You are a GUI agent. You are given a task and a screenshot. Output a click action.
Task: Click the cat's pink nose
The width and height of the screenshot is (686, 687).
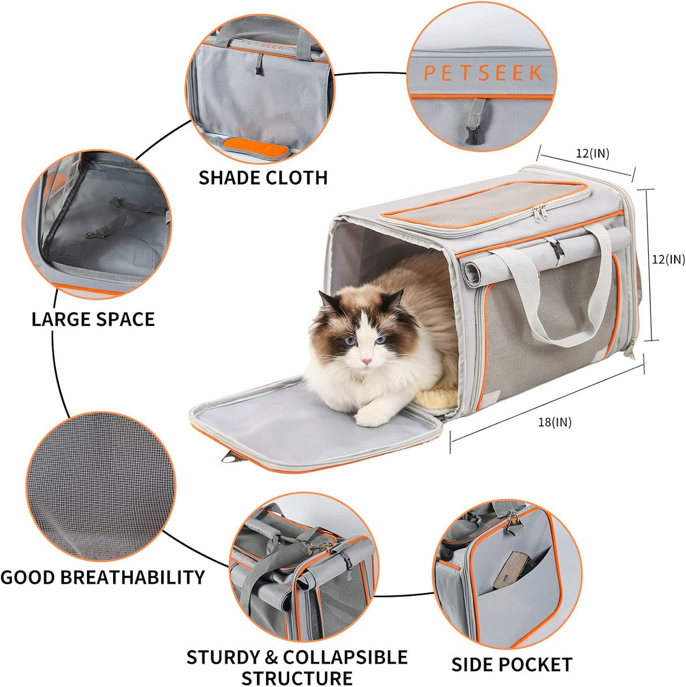[368, 360]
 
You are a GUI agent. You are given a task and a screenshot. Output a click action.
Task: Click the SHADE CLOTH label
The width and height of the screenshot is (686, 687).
[263, 177]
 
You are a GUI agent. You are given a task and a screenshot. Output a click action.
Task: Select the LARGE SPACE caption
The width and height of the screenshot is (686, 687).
[93, 319]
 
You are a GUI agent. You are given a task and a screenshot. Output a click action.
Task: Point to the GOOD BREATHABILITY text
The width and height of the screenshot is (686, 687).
[102, 577]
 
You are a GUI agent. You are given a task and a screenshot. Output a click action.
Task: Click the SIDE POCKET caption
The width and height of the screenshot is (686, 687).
[511, 664]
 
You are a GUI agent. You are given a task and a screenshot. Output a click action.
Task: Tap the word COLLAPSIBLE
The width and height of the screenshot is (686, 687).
[345, 657]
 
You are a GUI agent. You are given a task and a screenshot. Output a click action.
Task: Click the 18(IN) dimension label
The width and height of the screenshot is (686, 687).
[554, 421]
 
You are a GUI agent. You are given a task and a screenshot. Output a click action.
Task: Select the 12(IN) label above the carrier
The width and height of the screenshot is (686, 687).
[592, 153]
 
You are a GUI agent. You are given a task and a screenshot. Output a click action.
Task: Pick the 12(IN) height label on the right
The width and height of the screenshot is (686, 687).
[668, 259]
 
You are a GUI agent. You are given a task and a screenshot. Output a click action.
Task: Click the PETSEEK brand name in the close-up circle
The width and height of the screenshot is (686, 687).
[483, 73]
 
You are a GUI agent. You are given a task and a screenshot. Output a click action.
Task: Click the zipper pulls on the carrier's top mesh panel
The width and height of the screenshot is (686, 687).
[541, 212]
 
